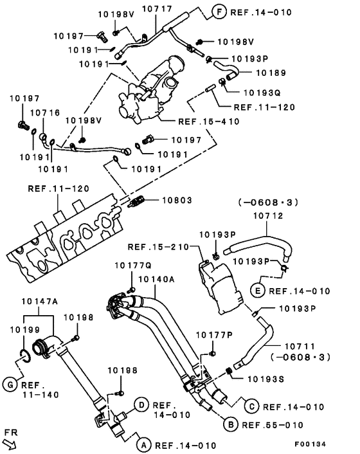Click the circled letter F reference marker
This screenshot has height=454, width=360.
click(x=218, y=12)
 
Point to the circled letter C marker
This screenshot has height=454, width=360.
click(x=251, y=406)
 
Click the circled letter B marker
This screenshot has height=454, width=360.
click(x=229, y=424)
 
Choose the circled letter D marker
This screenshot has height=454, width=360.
click(x=141, y=404)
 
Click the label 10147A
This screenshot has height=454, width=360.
click(x=40, y=301)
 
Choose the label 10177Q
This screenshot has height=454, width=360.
click(x=132, y=265)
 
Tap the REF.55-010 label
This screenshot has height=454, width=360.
click(x=272, y=424)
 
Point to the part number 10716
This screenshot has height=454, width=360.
click(x=45, y=113)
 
